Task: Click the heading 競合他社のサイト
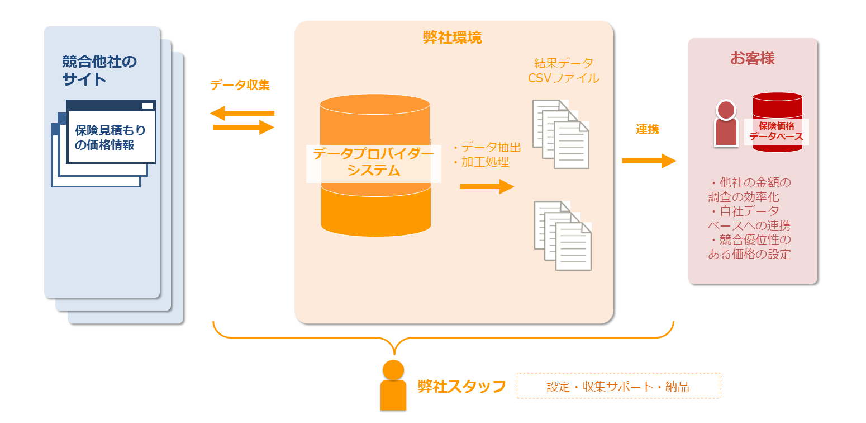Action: (99, 69)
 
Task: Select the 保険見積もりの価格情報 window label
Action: (111, 138)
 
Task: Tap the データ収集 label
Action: (240, 85)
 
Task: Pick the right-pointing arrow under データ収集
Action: (244, 128)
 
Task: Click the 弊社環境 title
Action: (452, 38)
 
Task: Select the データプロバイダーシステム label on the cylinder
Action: (373, 162)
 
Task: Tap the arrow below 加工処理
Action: (487, 186)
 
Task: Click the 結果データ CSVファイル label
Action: (563, 70)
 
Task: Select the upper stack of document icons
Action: (561, 134)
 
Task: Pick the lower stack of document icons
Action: (563, 236)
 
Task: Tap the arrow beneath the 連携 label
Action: (649, 161)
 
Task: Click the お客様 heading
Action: (752, 58)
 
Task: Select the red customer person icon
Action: (726, 124)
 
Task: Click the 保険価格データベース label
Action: (776, 131)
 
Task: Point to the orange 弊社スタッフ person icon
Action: (393, 386)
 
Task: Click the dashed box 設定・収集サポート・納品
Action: (618, 386)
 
